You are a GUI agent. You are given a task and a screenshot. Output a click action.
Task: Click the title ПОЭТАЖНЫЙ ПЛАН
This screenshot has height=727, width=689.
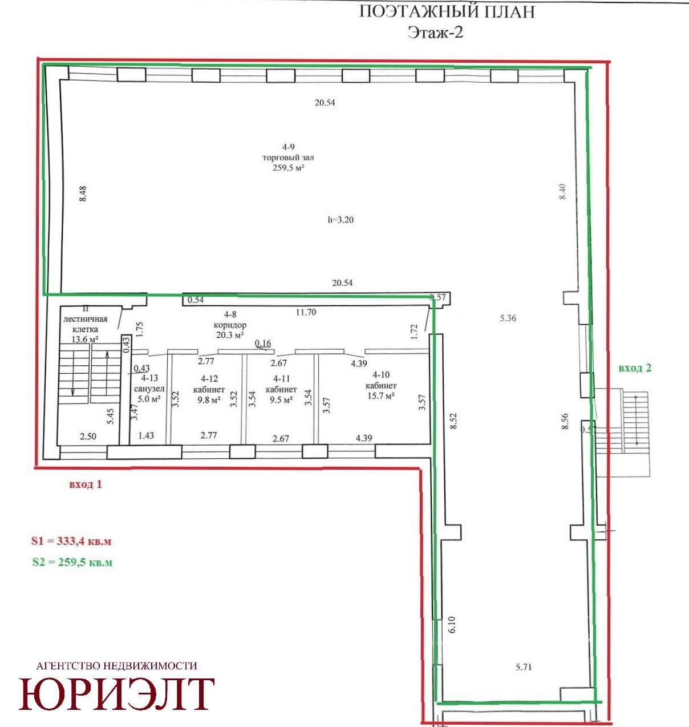(x=447, y=12)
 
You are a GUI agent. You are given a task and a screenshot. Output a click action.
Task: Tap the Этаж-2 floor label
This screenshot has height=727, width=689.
(x=435, y=33)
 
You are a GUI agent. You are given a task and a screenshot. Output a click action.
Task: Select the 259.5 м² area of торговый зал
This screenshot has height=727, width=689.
(x=288, y=168)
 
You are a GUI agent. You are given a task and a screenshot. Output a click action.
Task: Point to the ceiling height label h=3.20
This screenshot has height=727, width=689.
(x=341, y=220)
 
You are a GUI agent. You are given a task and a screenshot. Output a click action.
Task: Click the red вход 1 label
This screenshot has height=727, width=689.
(x=86, y=484)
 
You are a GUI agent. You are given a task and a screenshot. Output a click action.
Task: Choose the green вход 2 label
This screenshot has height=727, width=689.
(x=635, y=368)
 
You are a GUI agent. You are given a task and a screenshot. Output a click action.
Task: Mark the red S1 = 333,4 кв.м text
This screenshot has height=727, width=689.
(x=71, y=541)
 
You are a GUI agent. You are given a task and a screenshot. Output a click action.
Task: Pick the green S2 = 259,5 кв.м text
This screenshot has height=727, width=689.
(x=72, y=562)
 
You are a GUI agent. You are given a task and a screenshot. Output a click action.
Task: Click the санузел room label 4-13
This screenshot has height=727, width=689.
(x=149, y=378)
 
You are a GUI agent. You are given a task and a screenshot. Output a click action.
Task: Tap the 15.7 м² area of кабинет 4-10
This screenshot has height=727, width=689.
(x=381, y=395)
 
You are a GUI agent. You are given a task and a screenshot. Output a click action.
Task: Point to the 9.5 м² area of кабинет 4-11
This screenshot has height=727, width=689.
(x=281, y=399)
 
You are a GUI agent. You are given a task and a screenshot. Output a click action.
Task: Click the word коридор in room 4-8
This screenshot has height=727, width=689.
(x=230, y=325)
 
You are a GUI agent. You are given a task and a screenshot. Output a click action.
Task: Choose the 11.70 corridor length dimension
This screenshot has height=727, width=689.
(x=306, y=312)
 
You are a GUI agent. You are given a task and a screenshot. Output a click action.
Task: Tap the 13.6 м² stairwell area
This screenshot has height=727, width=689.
(x=85, y=339)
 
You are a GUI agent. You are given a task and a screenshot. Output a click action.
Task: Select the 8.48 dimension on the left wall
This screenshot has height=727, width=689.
(x=83, y=193)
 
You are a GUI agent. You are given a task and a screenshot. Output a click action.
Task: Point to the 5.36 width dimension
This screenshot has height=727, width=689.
(x=508, y=318)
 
